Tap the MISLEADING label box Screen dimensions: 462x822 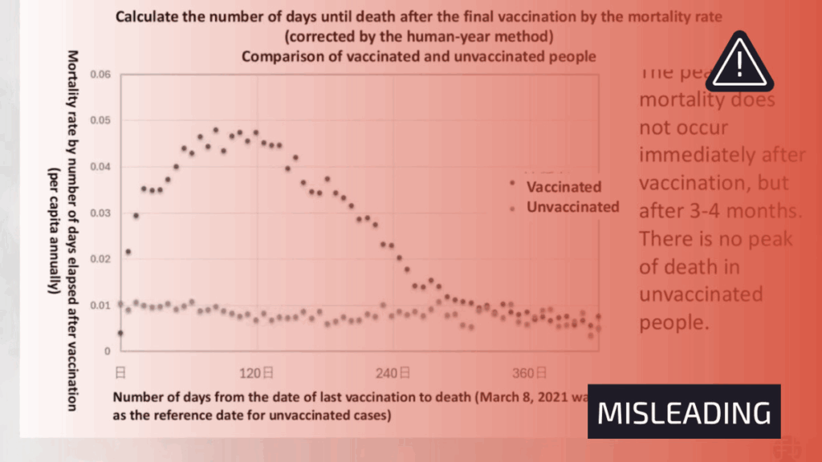tap(683, 411)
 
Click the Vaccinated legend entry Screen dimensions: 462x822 tap(563, 187)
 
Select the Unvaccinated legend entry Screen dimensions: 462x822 tap(572, 207)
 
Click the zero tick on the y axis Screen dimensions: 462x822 tap(106, 351)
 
